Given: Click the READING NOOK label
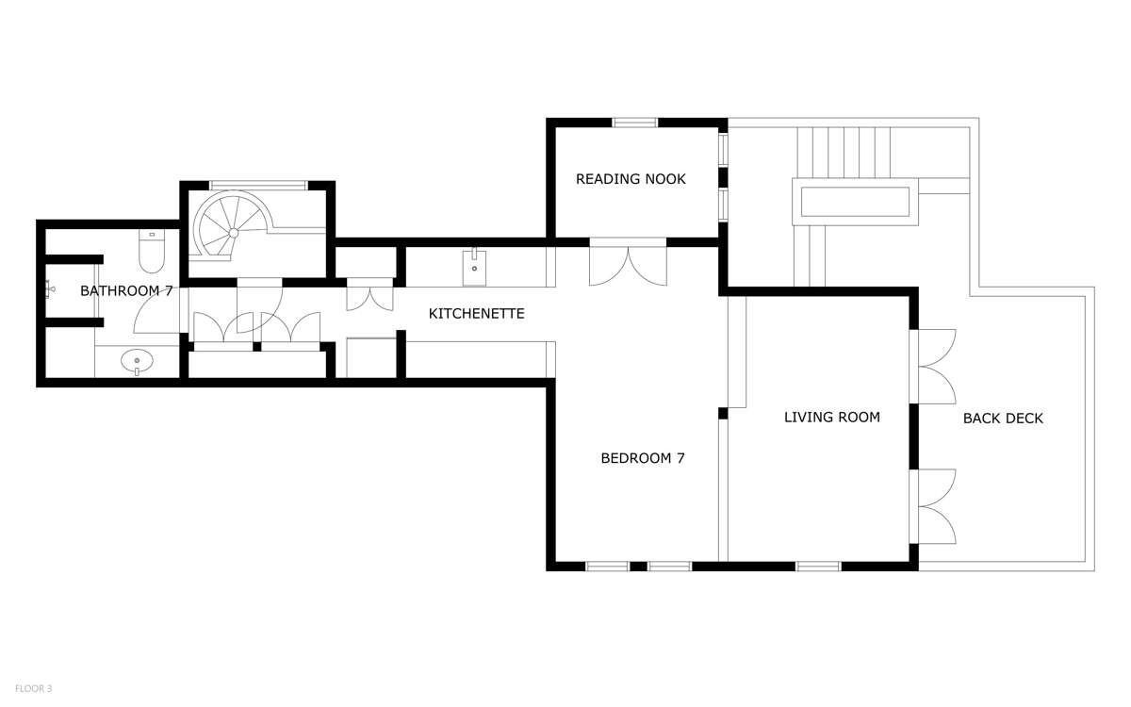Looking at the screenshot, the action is tap(631, 179).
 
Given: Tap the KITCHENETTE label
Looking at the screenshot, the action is tap(477, 314).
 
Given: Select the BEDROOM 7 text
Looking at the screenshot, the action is tap(643, 458).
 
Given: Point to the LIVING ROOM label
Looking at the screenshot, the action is tap(832, 417).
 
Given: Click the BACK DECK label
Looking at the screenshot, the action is tap(1003, 419).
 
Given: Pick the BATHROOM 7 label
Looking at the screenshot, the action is tap(126, 291).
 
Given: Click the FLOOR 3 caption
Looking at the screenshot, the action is tap(33, 688).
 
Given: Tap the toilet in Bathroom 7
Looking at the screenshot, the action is tap(152, 251).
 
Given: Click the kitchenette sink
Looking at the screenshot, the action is tap(474, 267).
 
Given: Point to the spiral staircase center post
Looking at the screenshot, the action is tap(234, 233).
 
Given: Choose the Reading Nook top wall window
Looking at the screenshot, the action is tap(635, 123).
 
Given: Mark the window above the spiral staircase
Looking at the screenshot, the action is tap(258, 186).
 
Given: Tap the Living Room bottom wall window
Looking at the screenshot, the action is tap(818, 567).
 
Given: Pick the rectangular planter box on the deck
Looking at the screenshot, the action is tap(855, 202).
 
